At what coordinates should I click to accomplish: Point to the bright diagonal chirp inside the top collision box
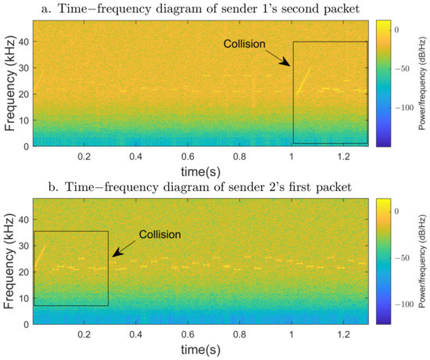pyautogui.click(x=303, y=78)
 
